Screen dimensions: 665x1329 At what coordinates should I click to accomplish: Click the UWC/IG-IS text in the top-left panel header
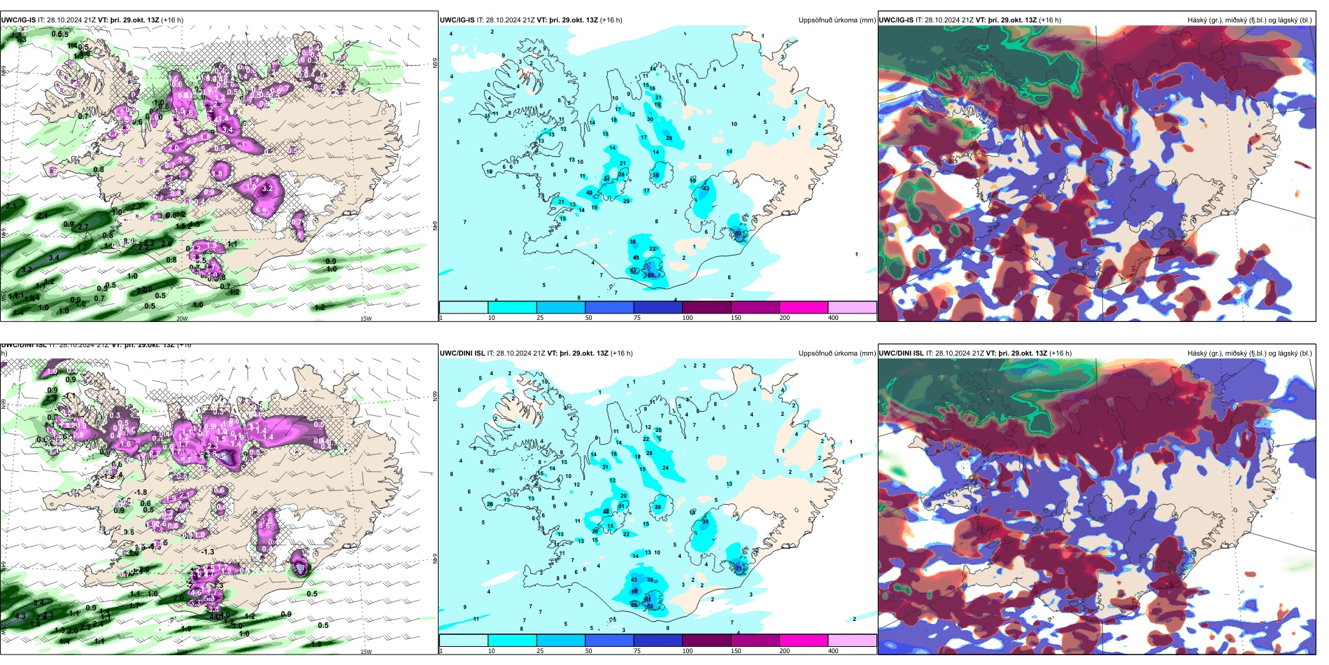pos(18,20)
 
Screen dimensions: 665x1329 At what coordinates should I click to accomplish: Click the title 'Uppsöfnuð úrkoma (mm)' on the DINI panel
pos(837,353)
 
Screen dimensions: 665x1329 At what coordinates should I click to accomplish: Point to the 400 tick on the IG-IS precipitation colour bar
pos(833,318)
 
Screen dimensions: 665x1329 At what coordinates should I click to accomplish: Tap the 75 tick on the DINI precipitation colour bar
pos(637,651)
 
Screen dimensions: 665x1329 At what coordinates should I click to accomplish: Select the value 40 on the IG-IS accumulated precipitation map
pos(589,193)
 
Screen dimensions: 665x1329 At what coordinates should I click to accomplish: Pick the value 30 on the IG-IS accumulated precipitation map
pos(650,120)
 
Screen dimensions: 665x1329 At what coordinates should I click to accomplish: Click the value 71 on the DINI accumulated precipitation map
pos(739,569)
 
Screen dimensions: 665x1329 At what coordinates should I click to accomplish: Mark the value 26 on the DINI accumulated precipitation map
pos(649,454)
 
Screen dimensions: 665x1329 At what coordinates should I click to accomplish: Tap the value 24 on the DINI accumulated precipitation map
pos(665,468)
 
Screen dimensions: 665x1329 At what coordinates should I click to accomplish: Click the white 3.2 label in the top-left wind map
pos(266,189)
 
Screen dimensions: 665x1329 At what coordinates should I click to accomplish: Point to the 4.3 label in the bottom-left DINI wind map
pos(20,617)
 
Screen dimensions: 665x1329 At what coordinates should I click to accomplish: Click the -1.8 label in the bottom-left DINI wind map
pos(141,493)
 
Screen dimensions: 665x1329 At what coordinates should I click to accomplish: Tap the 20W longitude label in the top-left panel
pos(182,318)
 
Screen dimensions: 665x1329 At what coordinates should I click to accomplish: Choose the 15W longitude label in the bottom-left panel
pos(366,652)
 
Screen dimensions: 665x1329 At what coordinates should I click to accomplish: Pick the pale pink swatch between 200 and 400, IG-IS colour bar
pos(852,307)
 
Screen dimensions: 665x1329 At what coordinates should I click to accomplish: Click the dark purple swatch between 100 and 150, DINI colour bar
pos(706,640)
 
